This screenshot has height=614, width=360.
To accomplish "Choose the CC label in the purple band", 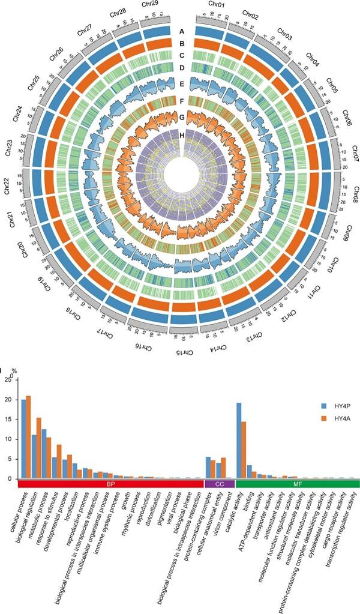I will coord(220,483).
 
